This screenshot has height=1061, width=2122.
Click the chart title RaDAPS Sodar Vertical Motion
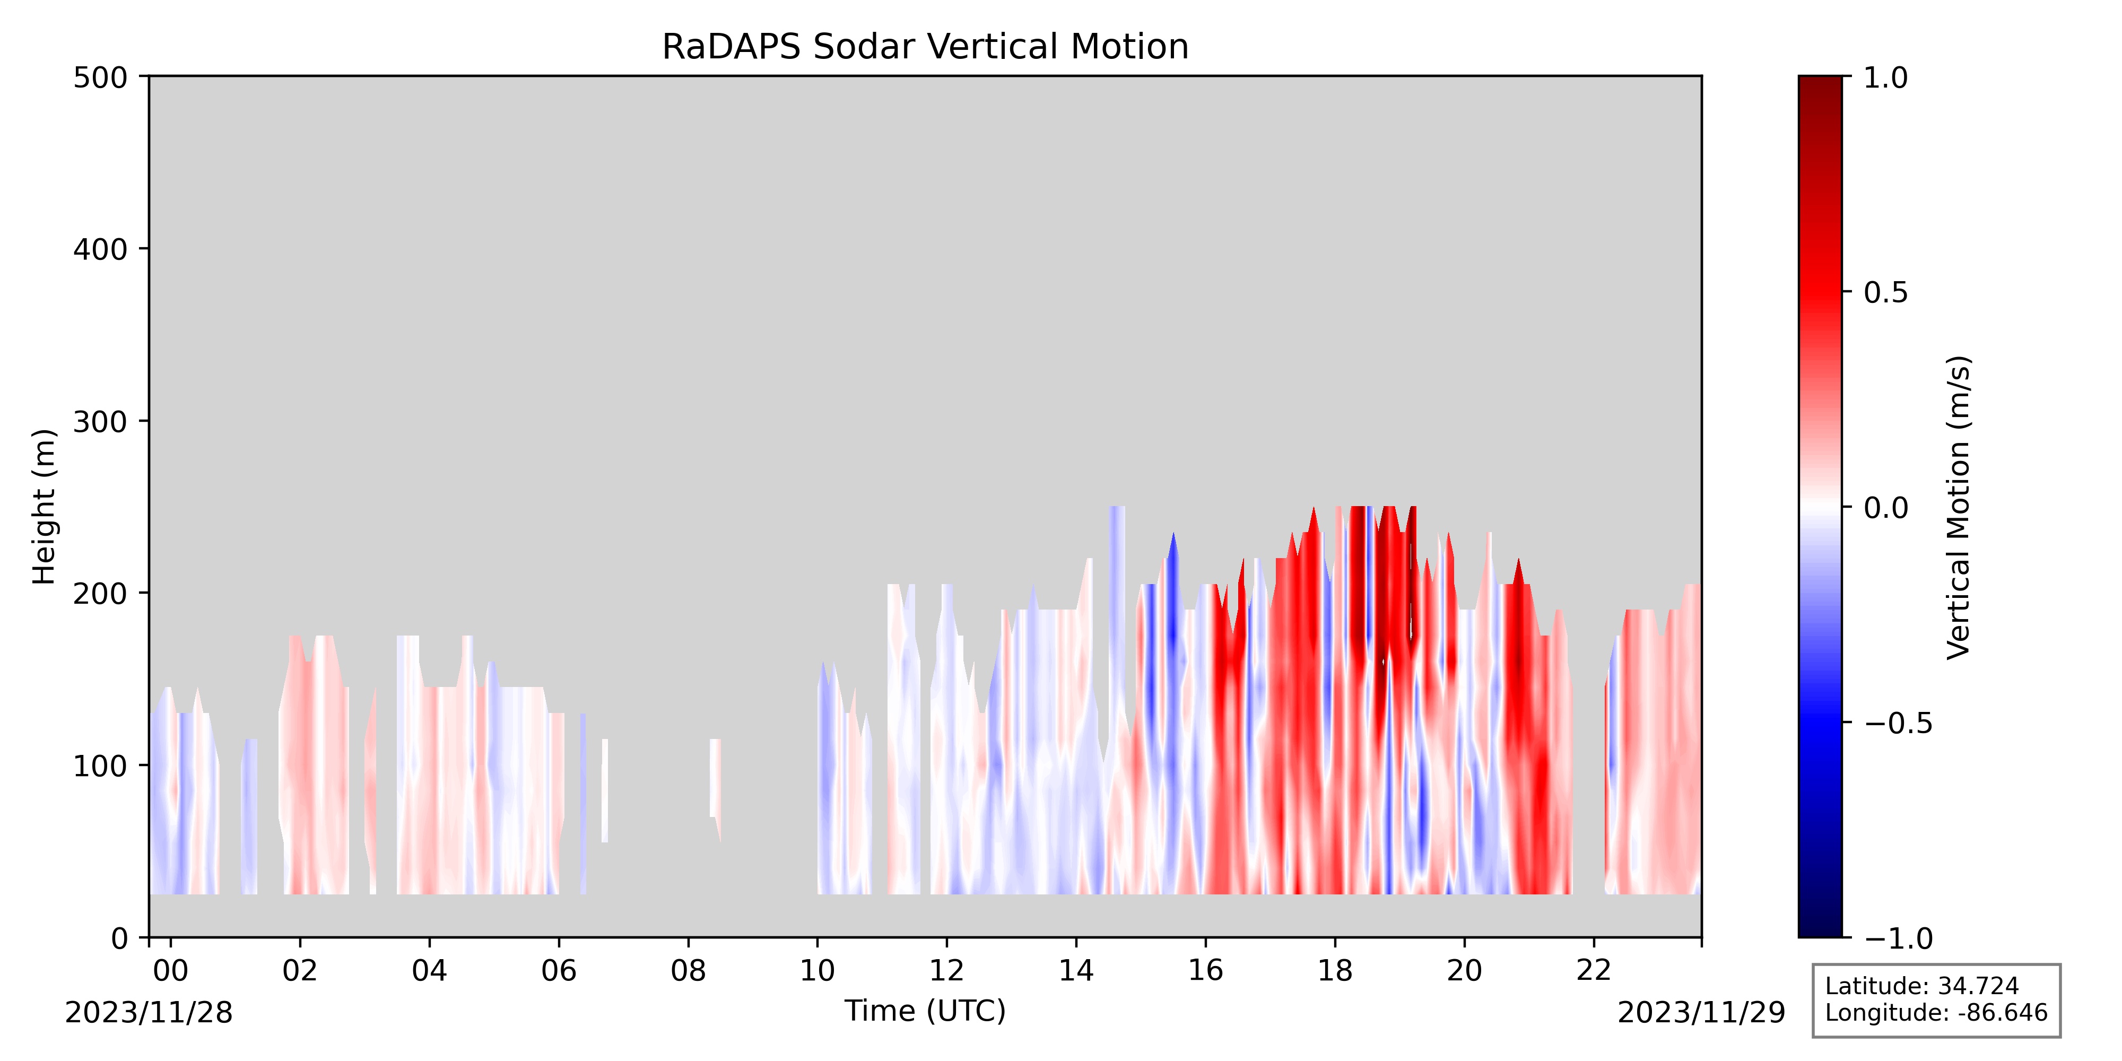925,47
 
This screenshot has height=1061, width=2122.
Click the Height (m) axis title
45,507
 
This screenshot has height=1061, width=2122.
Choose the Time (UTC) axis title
925,1011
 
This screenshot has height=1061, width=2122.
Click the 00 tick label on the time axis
170,971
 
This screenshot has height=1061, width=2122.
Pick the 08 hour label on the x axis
688,971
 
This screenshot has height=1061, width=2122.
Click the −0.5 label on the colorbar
1898,723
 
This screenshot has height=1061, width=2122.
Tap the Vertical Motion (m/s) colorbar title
1958,507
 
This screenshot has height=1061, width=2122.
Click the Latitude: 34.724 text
1922,986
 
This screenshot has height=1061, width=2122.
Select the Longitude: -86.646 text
1936,1012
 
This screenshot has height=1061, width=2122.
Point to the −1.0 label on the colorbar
1898,938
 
